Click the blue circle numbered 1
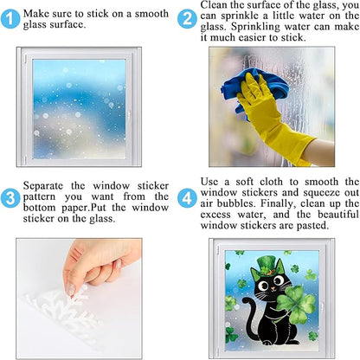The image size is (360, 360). [x=10, y=19]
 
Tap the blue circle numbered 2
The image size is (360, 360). [x=187, y=19]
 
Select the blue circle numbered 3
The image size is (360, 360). [x=10, y=198]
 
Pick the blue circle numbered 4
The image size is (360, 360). [x=187, y=198]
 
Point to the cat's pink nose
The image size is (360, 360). [x=273, y=287]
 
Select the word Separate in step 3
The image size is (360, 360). [x=42, y=186]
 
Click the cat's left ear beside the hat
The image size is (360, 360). [x=254, y=274]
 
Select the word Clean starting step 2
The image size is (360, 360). [x=213, y=5]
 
